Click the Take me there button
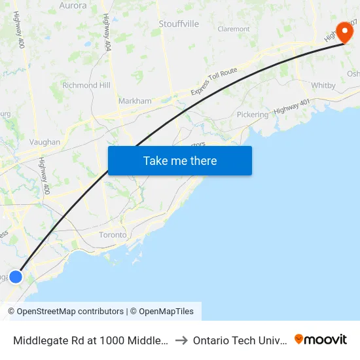coord(180,160)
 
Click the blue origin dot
coord(16,277)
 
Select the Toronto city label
coord(112,235)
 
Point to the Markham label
coord(135,101)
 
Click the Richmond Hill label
coord(86,85)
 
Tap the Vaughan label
coord(45,142)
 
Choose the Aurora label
coord(73,5)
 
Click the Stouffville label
coord(179,24)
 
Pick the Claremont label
coord(234,29)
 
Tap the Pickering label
coord(253,115)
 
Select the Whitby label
coord(323,86)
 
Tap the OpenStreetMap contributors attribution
coord(65,312)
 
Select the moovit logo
coord(321,339)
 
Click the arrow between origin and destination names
coord(181,340)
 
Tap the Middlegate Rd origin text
coord(90,340)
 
